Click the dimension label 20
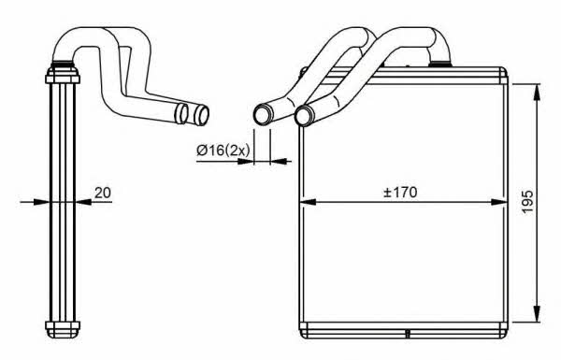[103, 193]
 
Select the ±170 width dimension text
[400, 193]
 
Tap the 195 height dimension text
[527, 202]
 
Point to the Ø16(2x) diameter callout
[223, 151]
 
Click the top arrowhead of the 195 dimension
[537, 93]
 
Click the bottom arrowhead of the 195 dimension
[537, 314]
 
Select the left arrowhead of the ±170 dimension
[308, 202]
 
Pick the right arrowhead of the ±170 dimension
[499, 202]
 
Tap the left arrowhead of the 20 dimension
[41, 202]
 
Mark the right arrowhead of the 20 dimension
[83, 202]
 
